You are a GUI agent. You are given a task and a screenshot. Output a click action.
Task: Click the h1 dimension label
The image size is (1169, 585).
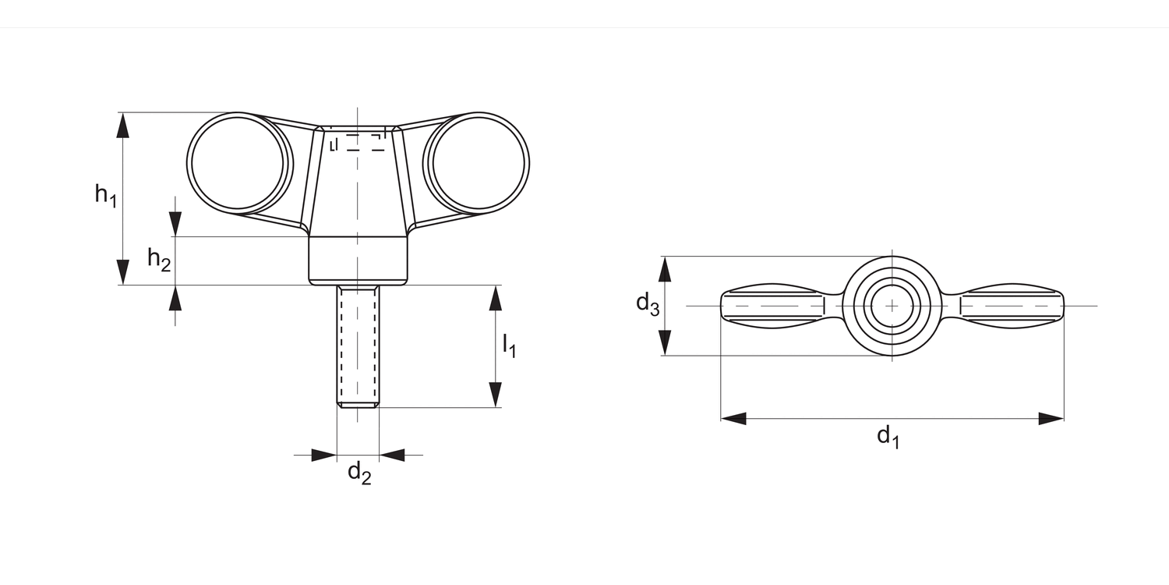pyautogui.click(x=105, y=194)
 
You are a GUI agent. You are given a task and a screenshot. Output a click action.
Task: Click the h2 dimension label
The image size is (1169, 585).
pyautogui.click(x=159, y=259)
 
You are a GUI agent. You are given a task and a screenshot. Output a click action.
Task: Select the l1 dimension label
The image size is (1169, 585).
pyautogui.click(x=509, y=345)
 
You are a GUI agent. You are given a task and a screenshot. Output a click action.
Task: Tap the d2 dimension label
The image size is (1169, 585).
pyautogui.click(x=358, y=473)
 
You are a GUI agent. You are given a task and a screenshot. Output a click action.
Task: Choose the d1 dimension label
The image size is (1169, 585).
pyautogui.click(x=888, y=436)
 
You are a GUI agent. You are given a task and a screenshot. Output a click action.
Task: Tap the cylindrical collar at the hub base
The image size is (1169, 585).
pyautogui.click(x=358, y=261)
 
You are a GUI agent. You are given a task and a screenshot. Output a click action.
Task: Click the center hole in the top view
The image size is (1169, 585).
pyautogui.click(x=892, y=306)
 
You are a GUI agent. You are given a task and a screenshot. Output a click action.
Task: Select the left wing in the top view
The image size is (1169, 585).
pyautogui.click(x=773, y=306)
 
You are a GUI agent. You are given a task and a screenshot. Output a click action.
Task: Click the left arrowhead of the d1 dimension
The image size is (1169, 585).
pyautogui.click(x=733, y=419)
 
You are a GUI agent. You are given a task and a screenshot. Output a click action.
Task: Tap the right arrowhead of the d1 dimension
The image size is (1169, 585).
pyautogui.click(x=1051, y=419)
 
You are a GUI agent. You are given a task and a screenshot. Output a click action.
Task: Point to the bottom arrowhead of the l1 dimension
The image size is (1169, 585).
pyautogui.click(x=495, y=395)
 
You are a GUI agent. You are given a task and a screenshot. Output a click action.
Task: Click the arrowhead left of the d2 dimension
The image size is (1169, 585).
pyautogui.click(x=323, y=455)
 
